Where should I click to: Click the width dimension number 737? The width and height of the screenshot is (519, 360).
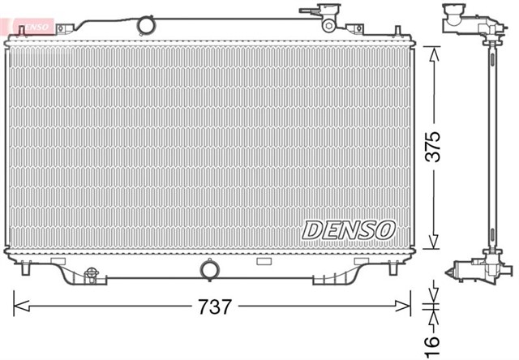click(x=212, y=308)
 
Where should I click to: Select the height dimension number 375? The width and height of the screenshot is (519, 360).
click(x=435, y=146)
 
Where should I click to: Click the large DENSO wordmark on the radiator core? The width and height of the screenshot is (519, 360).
click(x=349, y=229)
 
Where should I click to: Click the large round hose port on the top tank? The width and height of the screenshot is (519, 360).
click(x=146, y=25)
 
